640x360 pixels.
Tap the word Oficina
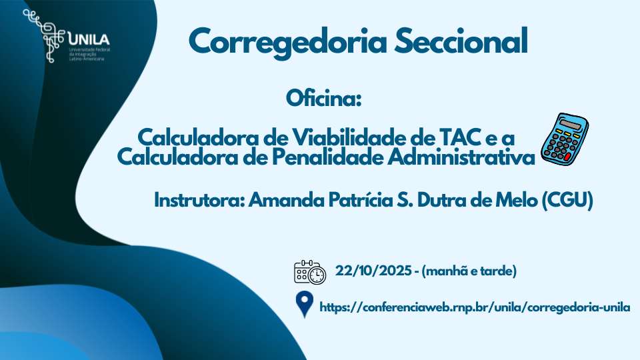[324, 99]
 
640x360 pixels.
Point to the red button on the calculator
[567, 157]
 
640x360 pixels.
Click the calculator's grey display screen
[570, 124]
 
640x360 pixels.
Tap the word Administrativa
[461, 157]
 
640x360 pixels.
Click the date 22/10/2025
[373, 271]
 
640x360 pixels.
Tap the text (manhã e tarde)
[469, 271]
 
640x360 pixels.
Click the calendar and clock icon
[310, 272]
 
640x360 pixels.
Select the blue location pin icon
[305, 304]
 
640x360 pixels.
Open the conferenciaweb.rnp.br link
[475, 307]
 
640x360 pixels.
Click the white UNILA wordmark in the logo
[89, 39]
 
